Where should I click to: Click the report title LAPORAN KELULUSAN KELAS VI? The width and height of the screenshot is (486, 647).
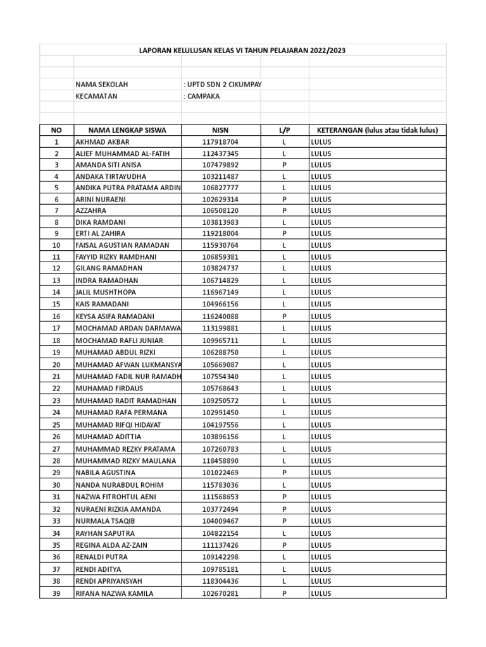click(242, 49)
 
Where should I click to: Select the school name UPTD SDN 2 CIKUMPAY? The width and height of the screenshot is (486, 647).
click(222, 85)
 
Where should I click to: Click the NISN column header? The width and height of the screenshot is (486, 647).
click(220, 130)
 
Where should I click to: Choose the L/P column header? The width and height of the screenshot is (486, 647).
click(284, 130)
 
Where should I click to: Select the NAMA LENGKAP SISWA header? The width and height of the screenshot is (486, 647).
click(127, 130)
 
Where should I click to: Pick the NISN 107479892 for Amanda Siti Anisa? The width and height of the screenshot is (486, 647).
click(220, 165)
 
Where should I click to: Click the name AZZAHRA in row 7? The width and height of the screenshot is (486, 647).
click(91, 210)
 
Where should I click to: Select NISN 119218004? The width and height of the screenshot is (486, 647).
click(220, 233)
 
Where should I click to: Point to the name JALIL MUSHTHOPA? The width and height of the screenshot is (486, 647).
click(106, 292)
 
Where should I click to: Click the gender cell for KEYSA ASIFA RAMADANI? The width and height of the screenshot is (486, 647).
click(284, 316)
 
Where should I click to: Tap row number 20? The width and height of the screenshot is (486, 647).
click(56, 365)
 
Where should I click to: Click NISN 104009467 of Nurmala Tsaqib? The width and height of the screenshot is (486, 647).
click(220, 521)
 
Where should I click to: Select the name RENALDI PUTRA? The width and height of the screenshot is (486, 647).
click(101, 557)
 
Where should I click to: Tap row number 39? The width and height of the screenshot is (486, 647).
click(56, 593)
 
